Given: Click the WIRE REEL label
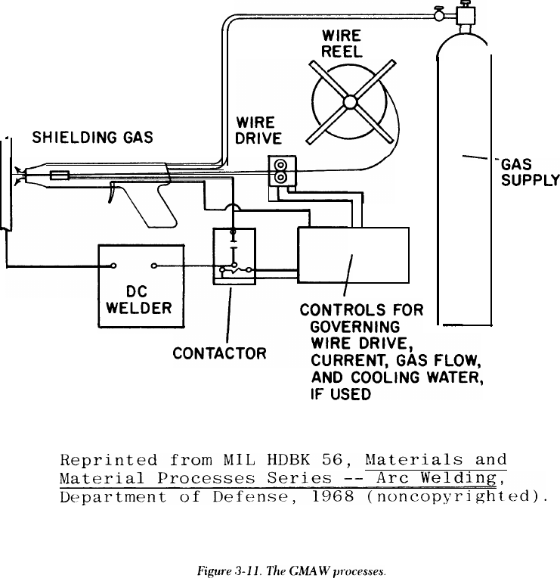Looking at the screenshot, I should pyautogui.click(x=342, y=43).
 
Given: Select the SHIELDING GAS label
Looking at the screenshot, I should pyautogui.click(x=92, y=138).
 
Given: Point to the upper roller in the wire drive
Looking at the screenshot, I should pyautogui.click(x=281, y=165).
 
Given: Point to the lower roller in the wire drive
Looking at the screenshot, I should pyautogui.click(x=281, y=178).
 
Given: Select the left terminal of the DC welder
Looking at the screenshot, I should pyautogui.click(x=114, y=266).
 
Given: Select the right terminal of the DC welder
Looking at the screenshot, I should pyautogui.click(x=153, y=266).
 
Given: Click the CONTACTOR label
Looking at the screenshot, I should pyautogui.click(x=219, y=353).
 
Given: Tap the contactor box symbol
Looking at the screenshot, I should pyautogui.click(x=234, y=257).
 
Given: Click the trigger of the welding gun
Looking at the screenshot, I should pyautogui.click(x=113, y=196).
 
